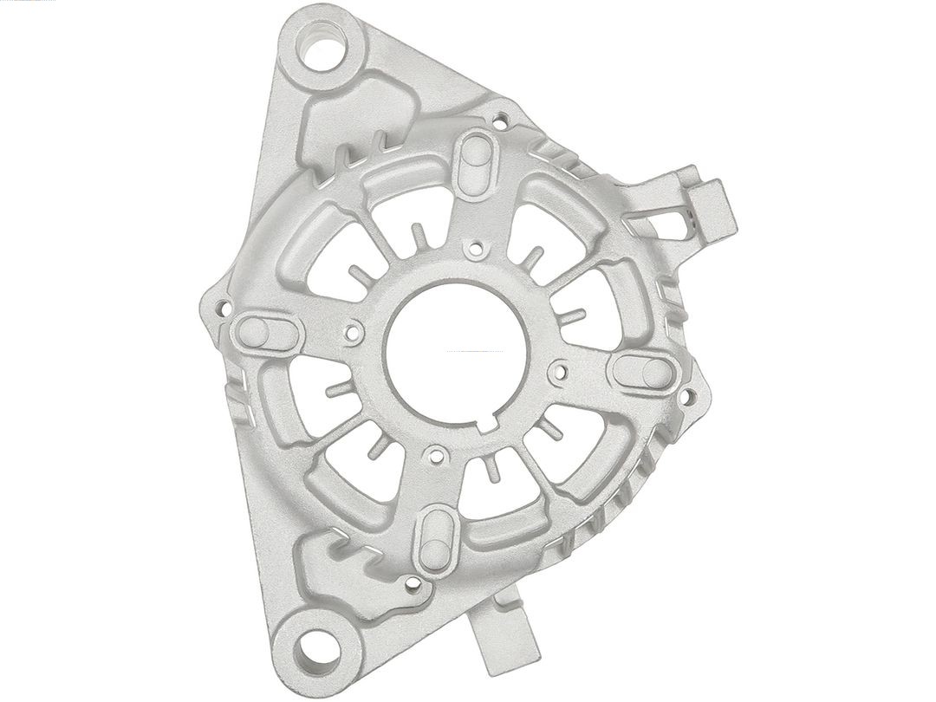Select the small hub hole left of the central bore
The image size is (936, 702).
coord(353,330)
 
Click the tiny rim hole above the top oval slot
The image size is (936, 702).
coord(501,112)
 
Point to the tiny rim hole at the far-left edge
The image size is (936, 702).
coord(222,306)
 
